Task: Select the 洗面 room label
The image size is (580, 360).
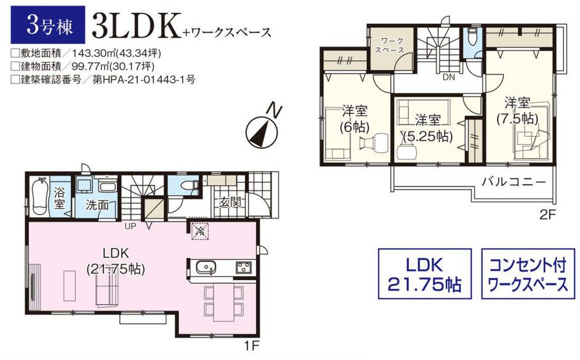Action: pos(97,205)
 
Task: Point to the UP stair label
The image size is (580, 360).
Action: pos(130,226)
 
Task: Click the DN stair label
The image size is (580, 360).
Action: pos(449,78)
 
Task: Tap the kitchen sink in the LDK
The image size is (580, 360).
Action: pos(205,266)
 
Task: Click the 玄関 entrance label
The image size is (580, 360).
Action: pos(230,202)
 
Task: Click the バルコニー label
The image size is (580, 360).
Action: pos(514,182)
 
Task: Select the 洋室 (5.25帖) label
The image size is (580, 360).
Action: pos(428,128)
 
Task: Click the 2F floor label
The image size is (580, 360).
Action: pos(548,214)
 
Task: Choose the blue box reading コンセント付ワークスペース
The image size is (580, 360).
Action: pos(528,274)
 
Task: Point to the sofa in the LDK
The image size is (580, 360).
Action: pos(108,291)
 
